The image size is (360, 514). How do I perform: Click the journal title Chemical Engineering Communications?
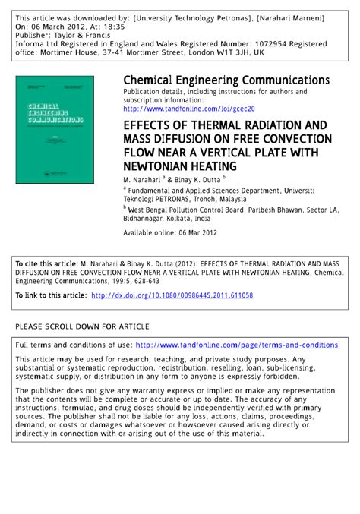coord(226,80)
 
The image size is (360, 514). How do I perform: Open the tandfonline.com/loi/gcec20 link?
coord(194,109)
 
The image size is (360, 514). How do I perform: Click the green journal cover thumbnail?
coord(62,128)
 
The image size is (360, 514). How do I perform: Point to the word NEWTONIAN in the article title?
coord(159,166)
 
